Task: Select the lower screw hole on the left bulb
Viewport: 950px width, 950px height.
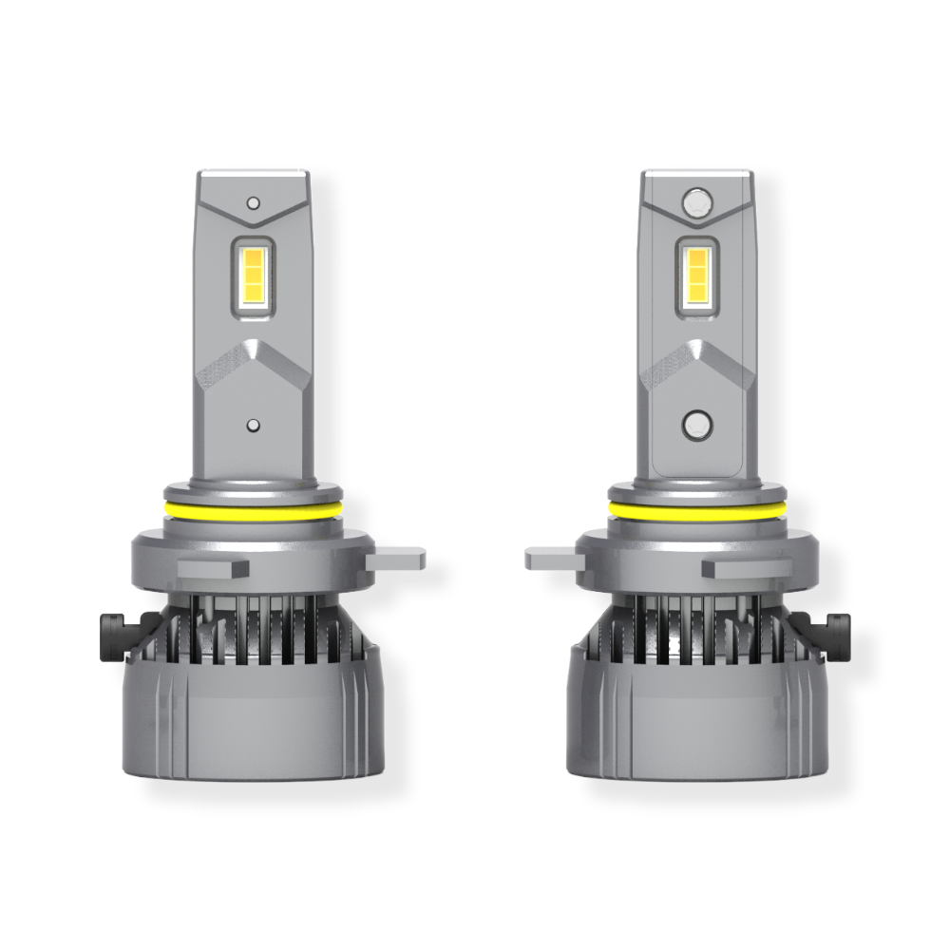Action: click(253, 425)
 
